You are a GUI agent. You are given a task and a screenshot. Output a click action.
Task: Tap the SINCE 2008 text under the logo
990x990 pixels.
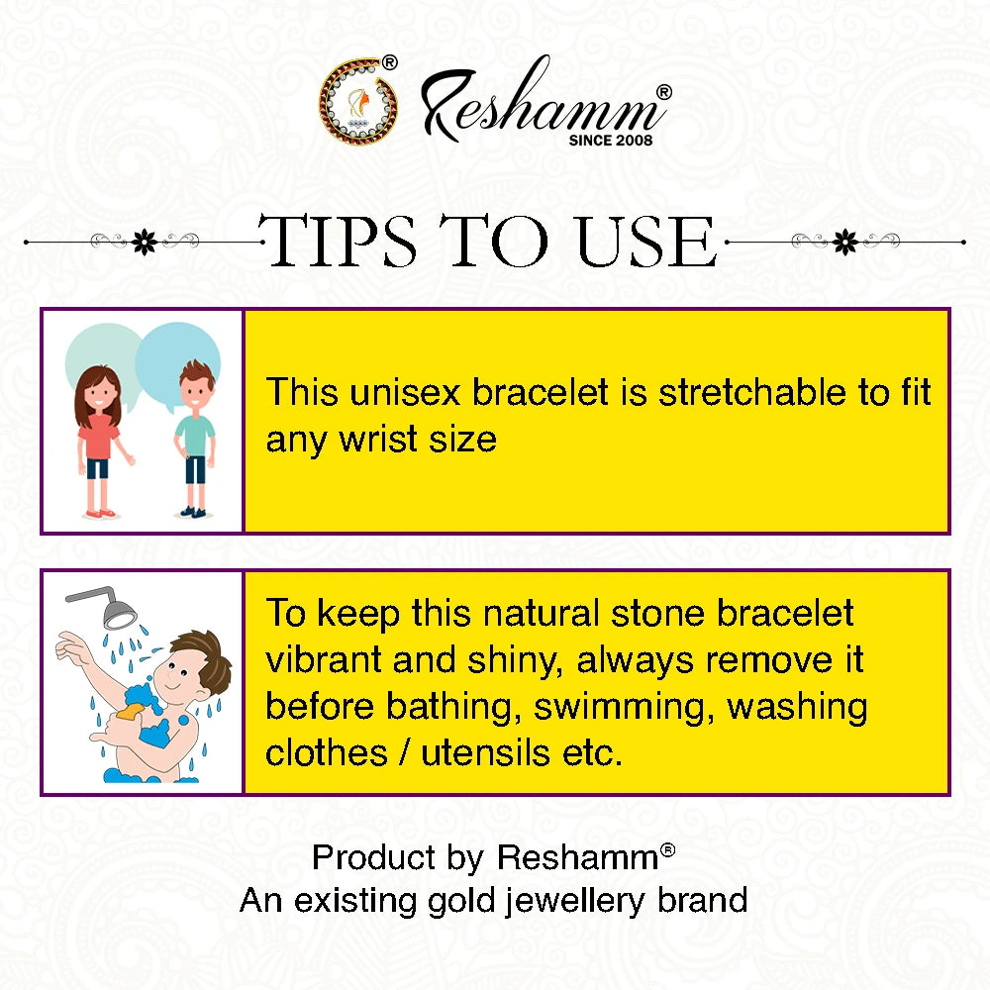pos(611,141)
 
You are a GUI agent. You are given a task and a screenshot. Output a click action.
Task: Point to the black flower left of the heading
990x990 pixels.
pos(146,241)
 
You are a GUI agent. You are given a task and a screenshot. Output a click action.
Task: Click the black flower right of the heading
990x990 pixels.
pos(843,241)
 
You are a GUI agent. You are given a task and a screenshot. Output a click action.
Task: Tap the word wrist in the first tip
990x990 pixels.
pos(379,439)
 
